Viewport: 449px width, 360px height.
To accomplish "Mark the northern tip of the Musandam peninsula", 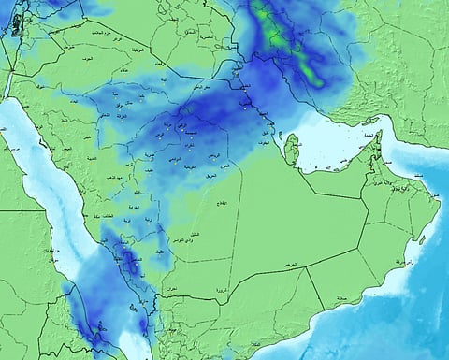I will pyautogui.click(x=373, y=129).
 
